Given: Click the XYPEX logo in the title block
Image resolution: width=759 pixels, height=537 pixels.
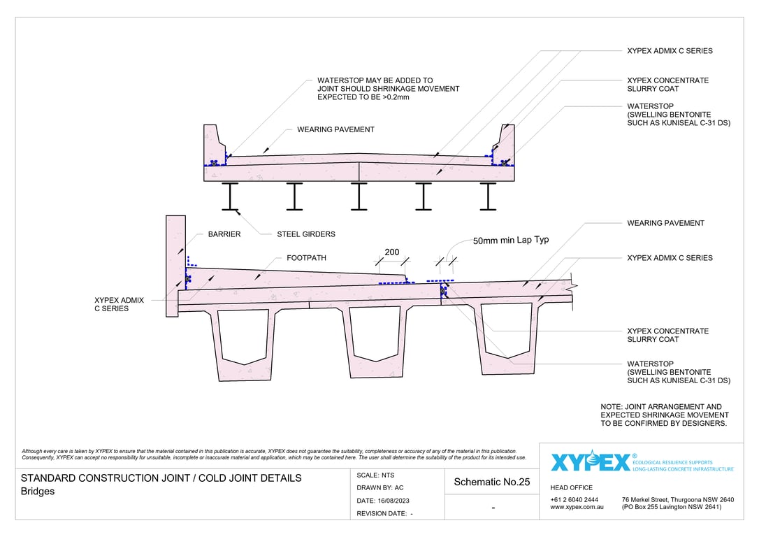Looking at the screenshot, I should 590,462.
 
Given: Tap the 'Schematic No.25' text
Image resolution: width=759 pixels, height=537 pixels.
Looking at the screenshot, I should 492,482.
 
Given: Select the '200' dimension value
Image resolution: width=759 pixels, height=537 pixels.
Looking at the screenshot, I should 391,252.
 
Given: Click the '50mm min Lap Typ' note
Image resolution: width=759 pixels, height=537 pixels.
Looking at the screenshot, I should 511,240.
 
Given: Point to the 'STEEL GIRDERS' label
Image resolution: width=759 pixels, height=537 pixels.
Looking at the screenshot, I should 306,234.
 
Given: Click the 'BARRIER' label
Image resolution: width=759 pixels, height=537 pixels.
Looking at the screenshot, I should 224,234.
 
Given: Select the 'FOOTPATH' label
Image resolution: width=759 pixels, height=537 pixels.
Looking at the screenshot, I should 306,258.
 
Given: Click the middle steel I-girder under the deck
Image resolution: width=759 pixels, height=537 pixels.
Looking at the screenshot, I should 359,196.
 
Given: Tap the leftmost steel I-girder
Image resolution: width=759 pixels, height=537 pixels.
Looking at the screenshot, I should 231,196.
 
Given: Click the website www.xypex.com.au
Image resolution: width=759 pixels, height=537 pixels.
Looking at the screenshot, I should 577,507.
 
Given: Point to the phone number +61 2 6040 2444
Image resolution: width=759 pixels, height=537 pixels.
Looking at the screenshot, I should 574,499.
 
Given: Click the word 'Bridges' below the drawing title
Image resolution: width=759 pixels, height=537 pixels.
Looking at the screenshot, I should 38,492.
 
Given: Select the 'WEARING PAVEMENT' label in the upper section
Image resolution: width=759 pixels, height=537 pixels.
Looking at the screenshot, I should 335,129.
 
